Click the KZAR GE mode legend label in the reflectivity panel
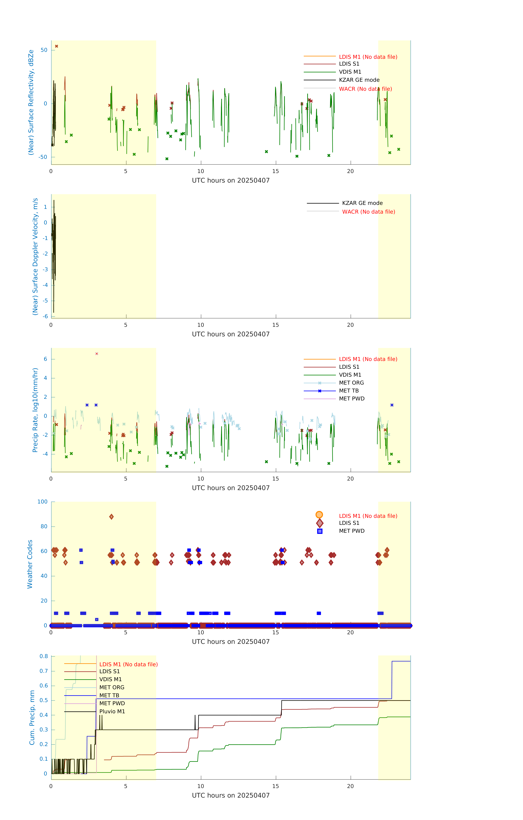pos(359,80)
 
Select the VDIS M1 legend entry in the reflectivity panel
pos(350,72)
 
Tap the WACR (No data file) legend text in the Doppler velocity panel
pos(368,212)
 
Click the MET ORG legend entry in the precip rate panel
pos(351,383)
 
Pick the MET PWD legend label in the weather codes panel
pos(352,531)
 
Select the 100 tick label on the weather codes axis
pos(43,502)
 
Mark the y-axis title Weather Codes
pos(30,564)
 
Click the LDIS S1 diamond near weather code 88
pos(111,517)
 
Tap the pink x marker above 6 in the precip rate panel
pos(97,354)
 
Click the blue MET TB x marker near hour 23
pos(392,405)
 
